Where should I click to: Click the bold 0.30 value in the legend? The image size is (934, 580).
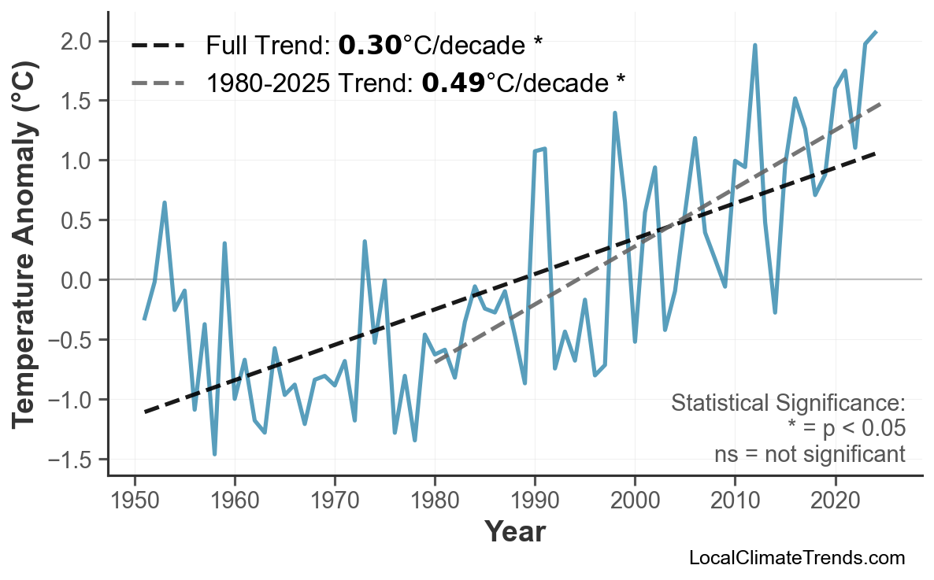[369, 46]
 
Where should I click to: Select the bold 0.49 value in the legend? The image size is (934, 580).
[454, 82]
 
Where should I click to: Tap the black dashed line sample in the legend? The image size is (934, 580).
[158, 46]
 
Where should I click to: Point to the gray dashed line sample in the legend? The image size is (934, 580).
[158, 82]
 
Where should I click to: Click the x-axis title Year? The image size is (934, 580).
[514, 532]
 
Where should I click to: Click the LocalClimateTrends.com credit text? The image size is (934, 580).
[796, 559]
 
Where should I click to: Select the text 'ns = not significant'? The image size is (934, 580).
[810, 454]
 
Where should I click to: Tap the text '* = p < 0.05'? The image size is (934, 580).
[846, 429]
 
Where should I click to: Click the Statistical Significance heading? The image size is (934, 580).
[788, 404]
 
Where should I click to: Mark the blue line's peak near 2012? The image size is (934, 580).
[754, 46]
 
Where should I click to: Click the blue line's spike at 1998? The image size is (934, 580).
[614, 113]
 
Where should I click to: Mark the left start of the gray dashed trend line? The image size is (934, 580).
[435, 363]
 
